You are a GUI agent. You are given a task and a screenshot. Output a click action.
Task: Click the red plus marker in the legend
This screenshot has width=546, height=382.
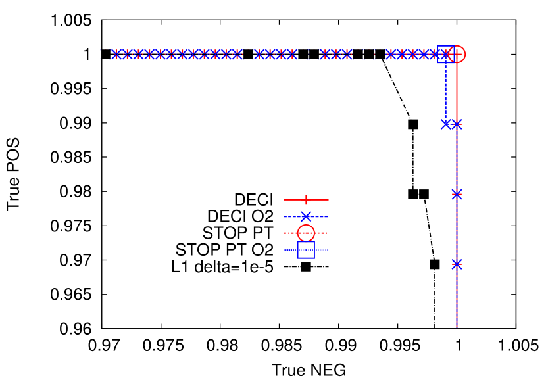coord(306,200)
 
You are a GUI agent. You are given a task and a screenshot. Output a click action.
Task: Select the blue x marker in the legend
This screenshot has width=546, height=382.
coord(306,216)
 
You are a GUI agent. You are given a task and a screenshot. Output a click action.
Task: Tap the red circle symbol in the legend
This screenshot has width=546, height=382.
coord(306,233)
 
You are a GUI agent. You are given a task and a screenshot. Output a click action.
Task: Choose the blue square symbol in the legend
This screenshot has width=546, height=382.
coord(306,250)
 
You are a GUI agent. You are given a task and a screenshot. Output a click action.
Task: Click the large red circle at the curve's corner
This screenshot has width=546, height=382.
coord(457,55)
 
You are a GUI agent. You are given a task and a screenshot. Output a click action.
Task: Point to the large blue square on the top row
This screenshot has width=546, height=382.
coord(446,54)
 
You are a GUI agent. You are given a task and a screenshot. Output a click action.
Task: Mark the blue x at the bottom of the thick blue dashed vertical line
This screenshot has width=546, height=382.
coord(445,124)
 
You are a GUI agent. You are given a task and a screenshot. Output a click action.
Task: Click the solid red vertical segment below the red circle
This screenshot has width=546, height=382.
coord(457,92)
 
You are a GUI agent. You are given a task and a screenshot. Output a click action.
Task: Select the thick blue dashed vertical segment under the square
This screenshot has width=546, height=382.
coord(445,92)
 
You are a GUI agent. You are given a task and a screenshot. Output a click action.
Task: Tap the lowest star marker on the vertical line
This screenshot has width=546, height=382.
coord(457,264)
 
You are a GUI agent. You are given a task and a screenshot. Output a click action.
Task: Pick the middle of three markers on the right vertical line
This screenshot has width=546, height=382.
coord(457,194)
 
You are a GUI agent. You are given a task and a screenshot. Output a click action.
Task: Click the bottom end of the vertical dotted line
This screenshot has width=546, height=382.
coord(457,326)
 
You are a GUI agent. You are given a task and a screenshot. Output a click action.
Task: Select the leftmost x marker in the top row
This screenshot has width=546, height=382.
coord(113,54)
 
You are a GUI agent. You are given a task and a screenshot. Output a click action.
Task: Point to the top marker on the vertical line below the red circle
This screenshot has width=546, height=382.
coord(457,124)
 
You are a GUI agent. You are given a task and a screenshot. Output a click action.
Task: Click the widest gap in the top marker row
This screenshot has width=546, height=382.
coord(368,54)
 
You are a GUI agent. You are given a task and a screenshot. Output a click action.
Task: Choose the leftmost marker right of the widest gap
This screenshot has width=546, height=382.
coord(389,54)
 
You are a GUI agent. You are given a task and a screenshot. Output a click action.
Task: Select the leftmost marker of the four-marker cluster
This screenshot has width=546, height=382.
coord(257,54)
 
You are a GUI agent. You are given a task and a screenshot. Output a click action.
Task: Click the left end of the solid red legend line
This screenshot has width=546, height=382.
coord(285,200)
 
